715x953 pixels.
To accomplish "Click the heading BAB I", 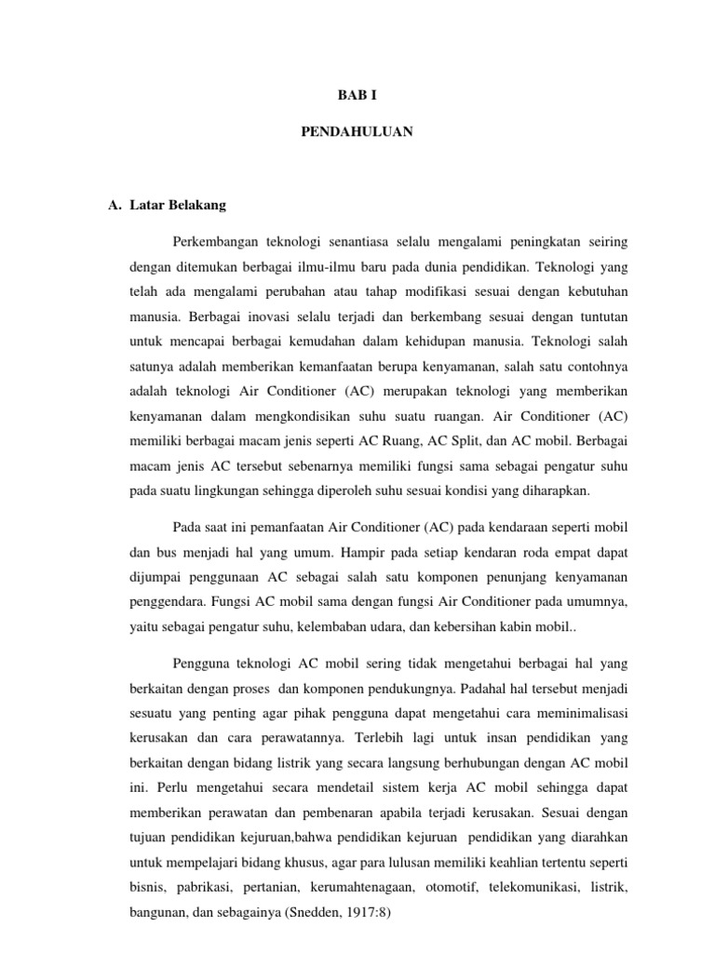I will pos(357,96).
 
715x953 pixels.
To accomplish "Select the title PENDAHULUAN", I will pos(357,133).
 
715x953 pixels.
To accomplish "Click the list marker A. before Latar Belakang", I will pos(115,205).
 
